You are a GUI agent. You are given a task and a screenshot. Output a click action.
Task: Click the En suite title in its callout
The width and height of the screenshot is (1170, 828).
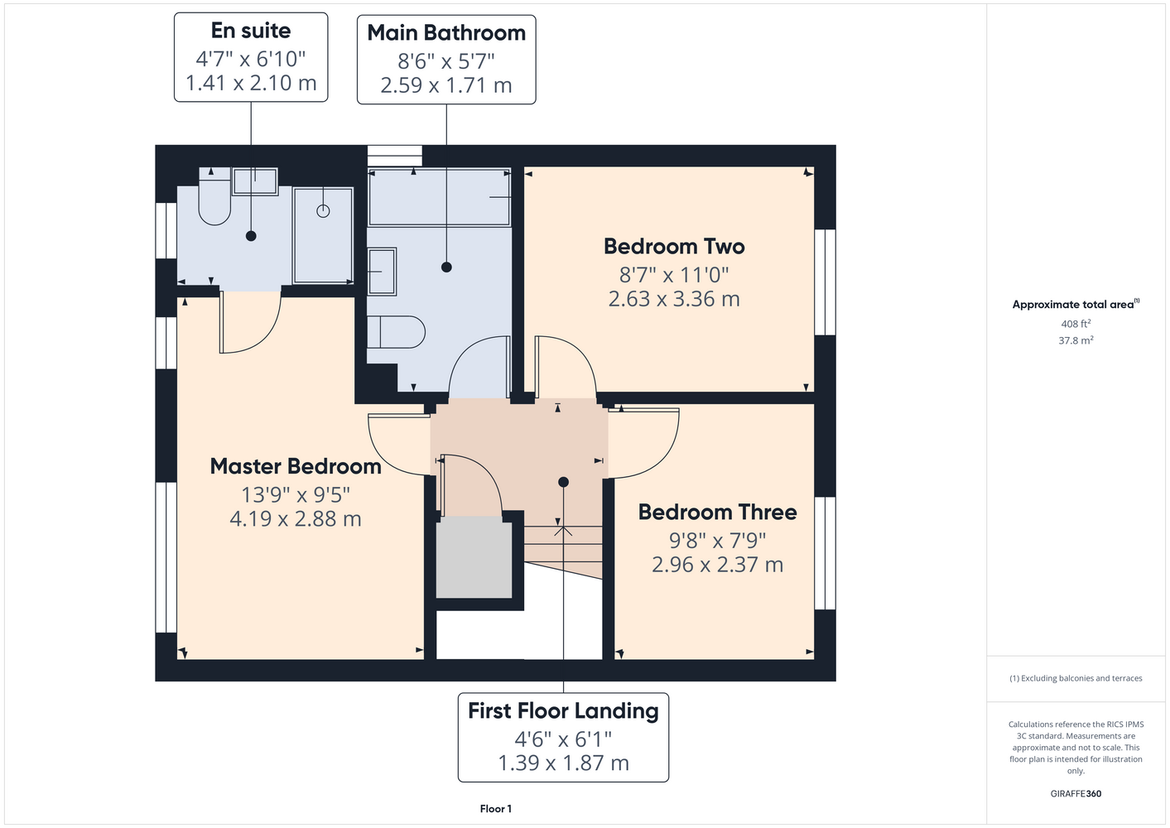[x=251, y=31]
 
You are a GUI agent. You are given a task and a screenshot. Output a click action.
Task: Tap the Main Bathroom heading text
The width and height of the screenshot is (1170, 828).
[x=446, y=33]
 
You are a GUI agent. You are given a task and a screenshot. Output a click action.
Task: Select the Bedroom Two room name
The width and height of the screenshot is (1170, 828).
[x=674, y=247]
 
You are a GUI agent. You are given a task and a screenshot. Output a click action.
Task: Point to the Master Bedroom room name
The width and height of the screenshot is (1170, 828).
[x=296, y=466]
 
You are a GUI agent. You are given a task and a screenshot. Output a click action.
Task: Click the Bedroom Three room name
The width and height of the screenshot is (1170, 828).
[x=718, y=512]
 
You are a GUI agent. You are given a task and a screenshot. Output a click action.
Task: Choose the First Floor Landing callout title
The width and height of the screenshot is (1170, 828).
[x=563, y=711]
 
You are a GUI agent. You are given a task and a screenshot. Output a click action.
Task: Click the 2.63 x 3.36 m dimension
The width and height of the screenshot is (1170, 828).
[x=674, y=299]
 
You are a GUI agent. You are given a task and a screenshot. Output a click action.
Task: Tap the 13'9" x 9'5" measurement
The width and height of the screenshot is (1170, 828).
[x=296, y=494]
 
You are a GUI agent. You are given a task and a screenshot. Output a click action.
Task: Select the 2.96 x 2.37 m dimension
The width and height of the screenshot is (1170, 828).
[x=718, y=565]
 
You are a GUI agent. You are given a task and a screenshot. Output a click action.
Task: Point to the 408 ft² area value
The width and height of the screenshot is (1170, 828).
[x=1076, y=324]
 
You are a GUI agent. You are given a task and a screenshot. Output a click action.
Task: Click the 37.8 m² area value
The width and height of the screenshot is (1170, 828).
[x=1076, y=340]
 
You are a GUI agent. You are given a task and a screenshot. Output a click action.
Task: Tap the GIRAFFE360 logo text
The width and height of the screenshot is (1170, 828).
[x=1076, y=793]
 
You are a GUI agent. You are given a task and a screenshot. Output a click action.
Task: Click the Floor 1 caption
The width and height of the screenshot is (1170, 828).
[x=496, y=809]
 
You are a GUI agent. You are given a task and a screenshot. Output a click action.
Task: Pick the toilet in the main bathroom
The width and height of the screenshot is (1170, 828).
[x=396, y=332]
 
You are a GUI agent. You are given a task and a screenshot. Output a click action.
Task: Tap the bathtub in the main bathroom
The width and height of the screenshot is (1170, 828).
[x=440, y=197]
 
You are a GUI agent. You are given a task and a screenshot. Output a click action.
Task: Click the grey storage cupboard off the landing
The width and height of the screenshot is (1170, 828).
[x=474, y=557]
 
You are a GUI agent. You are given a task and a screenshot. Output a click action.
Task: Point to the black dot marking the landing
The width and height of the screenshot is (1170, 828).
[x=563, y=482]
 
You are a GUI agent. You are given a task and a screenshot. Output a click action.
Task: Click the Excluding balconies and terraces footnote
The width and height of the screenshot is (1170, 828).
[x=1076, y=678]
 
